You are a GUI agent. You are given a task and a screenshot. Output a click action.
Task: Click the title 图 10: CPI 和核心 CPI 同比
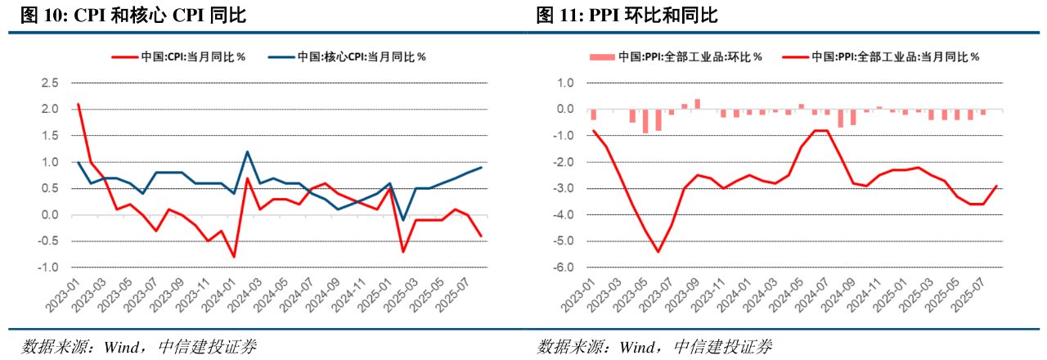pos(126,16)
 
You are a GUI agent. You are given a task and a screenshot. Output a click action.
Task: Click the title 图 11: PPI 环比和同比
pos(628,16)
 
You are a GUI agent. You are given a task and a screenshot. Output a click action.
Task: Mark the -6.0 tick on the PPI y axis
pos(565,268)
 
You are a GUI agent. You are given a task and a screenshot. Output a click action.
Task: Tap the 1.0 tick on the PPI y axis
pos(567,83)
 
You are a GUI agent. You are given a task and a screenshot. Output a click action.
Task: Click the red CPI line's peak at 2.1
pos(78,104)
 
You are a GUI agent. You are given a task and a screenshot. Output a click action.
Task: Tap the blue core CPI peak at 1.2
pos(247,152)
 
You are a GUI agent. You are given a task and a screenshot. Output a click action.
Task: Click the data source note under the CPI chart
pos(139,346)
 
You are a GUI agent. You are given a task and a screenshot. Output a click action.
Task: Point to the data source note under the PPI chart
pos(654,346)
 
